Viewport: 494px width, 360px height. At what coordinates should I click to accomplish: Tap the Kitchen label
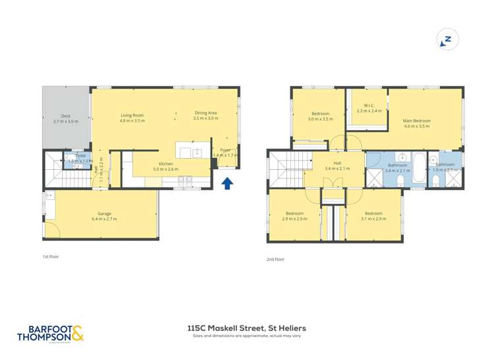click(x=165, y=167)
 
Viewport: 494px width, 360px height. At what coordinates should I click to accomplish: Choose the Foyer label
click(x=225, y=152)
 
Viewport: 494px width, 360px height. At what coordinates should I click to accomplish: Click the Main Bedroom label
click(x=416, y=123)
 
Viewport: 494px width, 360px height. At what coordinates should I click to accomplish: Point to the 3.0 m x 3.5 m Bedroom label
click(x=320, y=116)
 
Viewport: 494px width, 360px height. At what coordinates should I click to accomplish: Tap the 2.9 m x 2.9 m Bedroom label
click(x=294, y=216)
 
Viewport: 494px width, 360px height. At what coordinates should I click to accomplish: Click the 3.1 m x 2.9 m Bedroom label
click(x=373, y=216)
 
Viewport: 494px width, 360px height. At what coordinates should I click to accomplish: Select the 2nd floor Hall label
click(x=337, y=166)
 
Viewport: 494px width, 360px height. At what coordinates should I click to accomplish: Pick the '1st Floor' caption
click(x=50, y=256)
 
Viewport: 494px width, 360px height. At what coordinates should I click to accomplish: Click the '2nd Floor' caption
click(x=275, y=259)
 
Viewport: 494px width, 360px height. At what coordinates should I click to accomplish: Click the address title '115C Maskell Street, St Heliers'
click(x=246, y=327)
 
